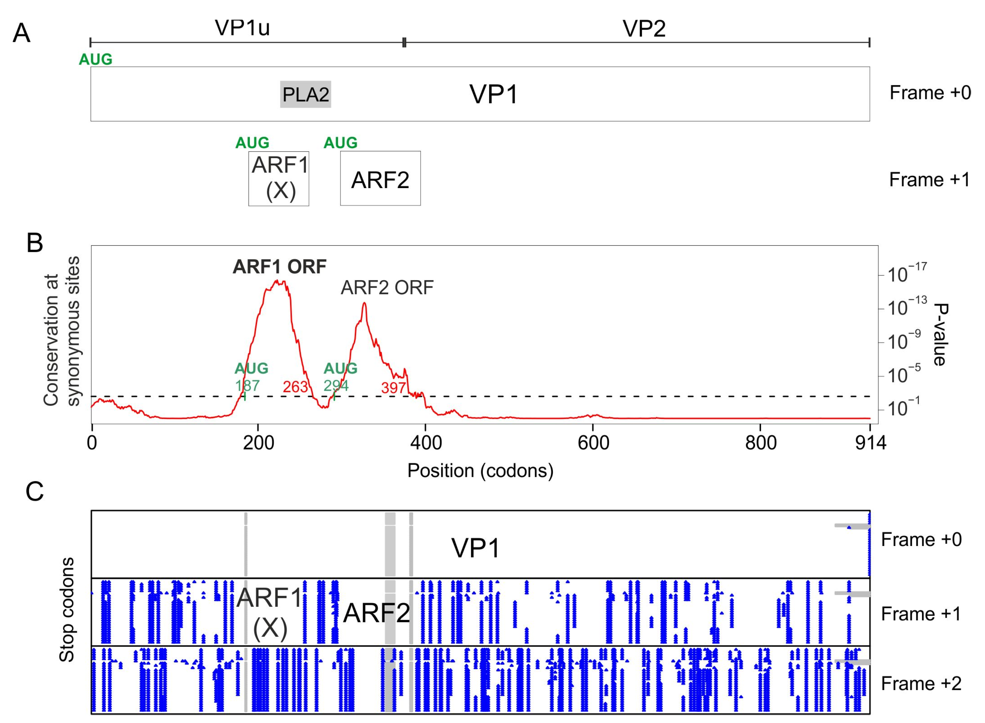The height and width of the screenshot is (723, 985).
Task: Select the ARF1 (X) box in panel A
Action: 279,179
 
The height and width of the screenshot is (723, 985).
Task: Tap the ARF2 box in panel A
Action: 380,179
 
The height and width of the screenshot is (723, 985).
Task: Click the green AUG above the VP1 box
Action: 95,59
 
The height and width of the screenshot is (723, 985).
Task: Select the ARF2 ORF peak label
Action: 387,287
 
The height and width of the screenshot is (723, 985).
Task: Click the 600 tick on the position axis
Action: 593,443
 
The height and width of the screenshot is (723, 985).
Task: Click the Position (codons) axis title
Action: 480,471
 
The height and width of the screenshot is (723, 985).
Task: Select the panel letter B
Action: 35,243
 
